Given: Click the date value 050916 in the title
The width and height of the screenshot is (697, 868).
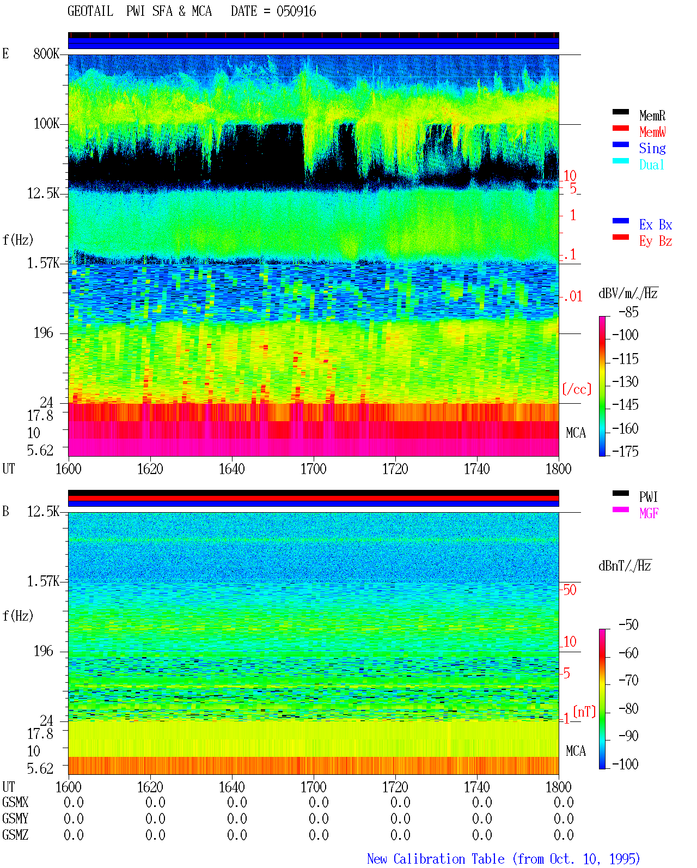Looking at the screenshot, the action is [x=296, y=11].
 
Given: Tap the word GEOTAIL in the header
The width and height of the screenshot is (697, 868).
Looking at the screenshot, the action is [x=90, y=11].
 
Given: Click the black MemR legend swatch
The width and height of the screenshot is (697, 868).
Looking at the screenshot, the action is [x=620, y=112].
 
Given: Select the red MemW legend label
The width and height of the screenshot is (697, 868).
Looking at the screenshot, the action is [x=652, y=132].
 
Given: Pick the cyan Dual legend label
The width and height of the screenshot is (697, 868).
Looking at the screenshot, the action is [x=652, y=165].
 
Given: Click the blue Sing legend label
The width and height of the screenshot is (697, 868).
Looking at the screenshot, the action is [x=652, y=148].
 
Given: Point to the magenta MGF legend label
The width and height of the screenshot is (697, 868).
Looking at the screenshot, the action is [x=649, y=513].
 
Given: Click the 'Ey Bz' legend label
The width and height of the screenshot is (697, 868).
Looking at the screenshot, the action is [x=656, y=241].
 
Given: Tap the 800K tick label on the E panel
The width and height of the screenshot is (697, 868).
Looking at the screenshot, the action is [x=46, y=53].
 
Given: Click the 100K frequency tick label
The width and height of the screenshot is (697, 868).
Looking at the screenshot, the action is [x=46, y=123].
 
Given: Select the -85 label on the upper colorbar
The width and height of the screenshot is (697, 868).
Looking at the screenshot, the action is [x=628, y=312].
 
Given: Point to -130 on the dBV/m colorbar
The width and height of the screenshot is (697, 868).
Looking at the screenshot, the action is [x=625, y=381].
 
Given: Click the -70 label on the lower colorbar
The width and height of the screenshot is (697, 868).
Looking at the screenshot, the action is [x=628, y=680].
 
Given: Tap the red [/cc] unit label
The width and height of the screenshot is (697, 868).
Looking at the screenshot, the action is [x=577, y=389].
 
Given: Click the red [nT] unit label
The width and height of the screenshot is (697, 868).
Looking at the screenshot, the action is [x=584, y=711].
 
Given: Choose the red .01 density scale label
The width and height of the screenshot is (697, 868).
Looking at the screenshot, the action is [x=573, y=296].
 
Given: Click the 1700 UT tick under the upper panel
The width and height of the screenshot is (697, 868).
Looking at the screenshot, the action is [x=313, y=469].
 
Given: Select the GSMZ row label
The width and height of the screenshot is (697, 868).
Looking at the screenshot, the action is [x=15, y=835].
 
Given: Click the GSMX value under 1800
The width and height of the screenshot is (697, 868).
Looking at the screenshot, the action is [x=564, y=802].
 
